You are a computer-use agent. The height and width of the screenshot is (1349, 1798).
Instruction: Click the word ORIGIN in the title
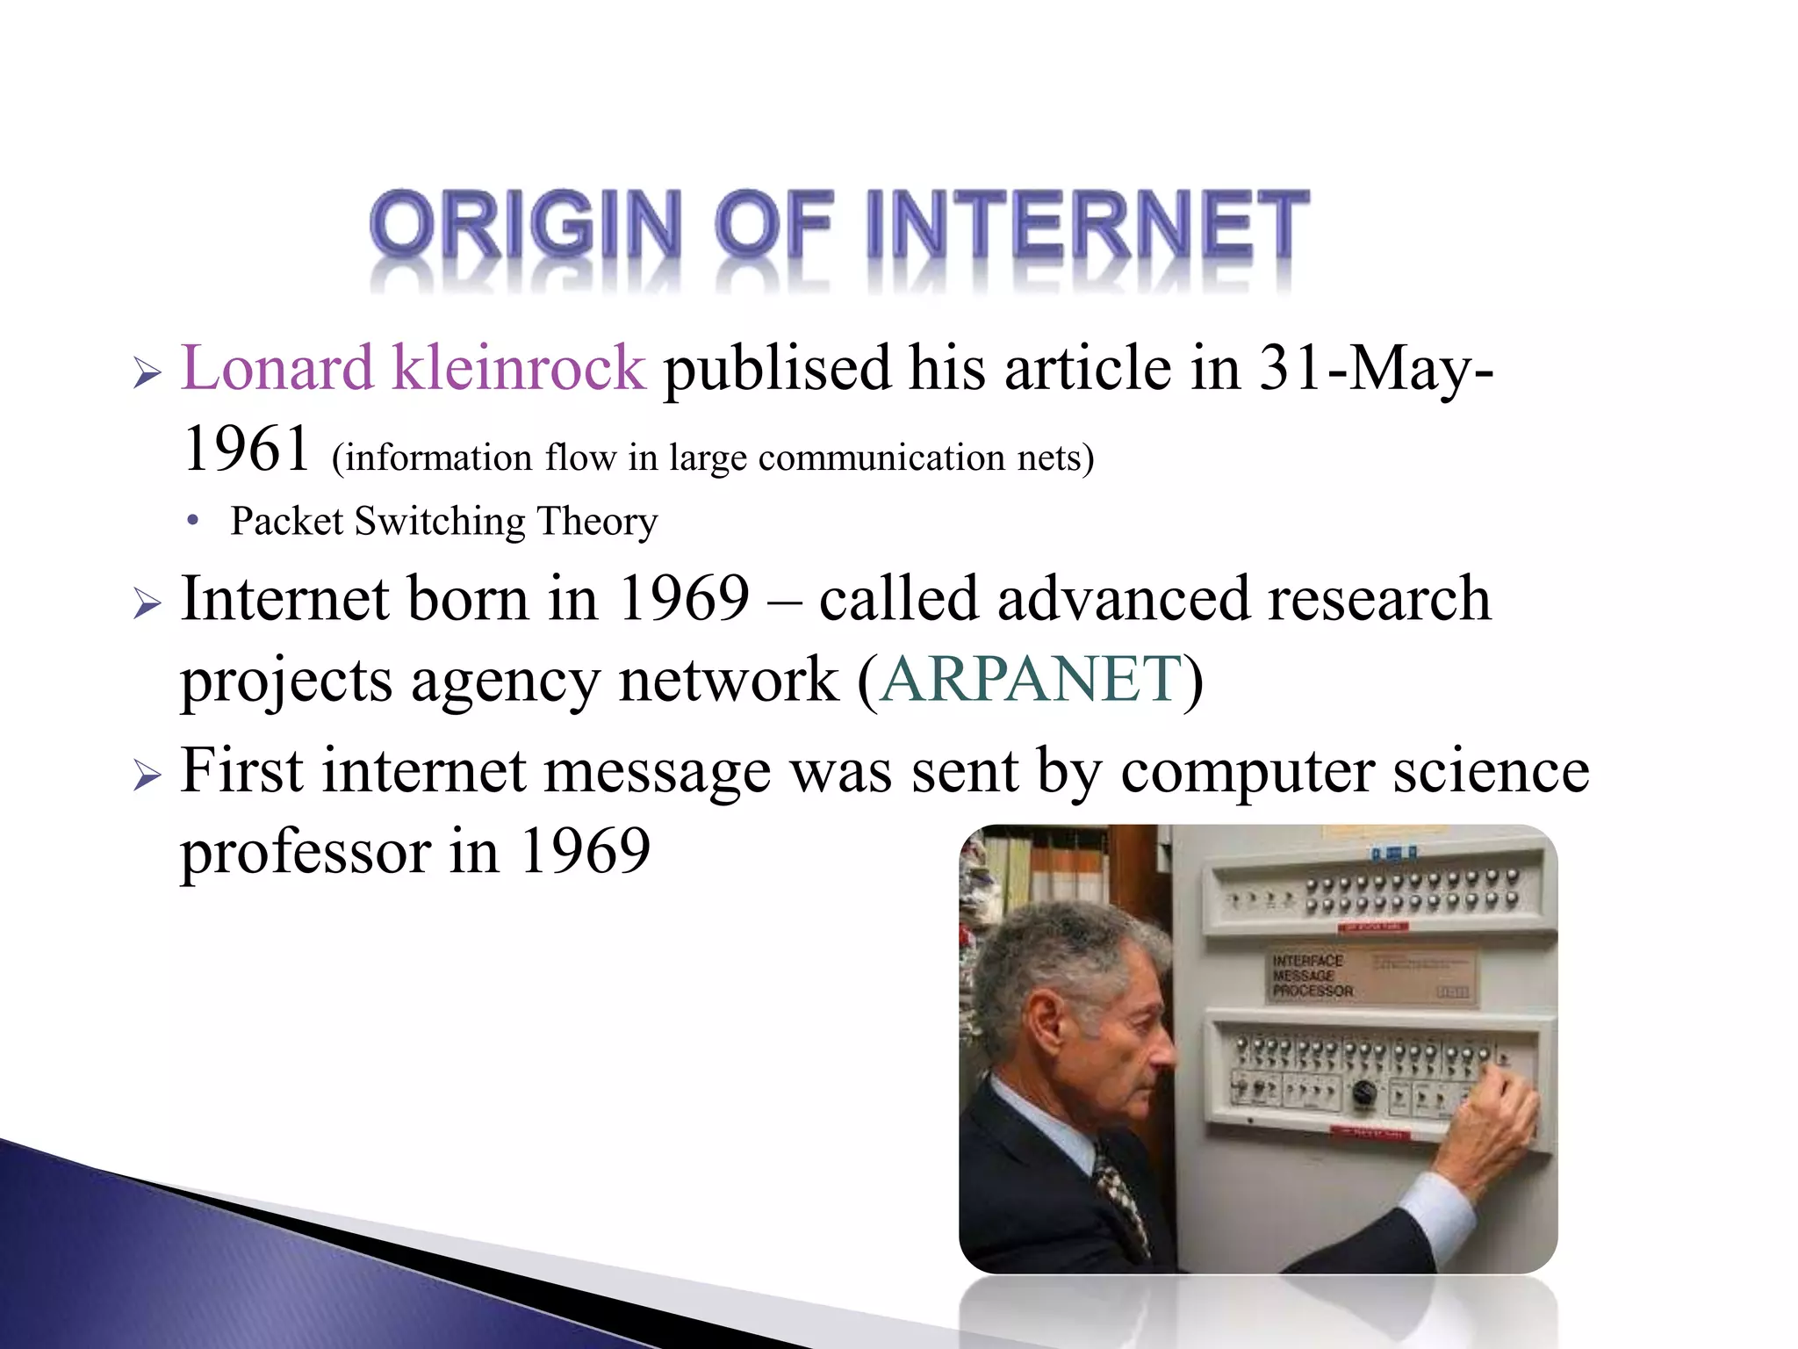click(x=525, y=224)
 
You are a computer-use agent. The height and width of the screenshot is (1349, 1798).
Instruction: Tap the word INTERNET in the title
click(x=1087, y=224)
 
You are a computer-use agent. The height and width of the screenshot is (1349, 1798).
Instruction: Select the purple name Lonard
click(x=277, y=368)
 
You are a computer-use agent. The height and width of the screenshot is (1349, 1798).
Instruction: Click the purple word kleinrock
click(x=518, y=368)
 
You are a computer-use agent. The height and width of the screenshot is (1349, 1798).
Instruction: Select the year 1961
click(x=247, y=449)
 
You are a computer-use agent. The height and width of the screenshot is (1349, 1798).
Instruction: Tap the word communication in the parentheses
click(x=881, y=458)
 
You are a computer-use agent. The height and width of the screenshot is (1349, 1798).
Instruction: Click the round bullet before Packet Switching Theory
click(x=193, y=520)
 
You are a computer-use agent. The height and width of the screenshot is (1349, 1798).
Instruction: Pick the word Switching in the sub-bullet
click(x=439, y=522)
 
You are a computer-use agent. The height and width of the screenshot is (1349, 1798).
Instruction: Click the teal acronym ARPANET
click(x=1031, y=680)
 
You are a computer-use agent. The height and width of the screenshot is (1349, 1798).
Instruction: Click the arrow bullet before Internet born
click(x=147, y=604)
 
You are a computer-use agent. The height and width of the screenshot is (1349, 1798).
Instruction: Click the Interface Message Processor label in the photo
click(x=1312, y=976)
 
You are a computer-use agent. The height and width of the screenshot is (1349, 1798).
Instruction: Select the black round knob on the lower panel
click(x=1363, y=1093)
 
